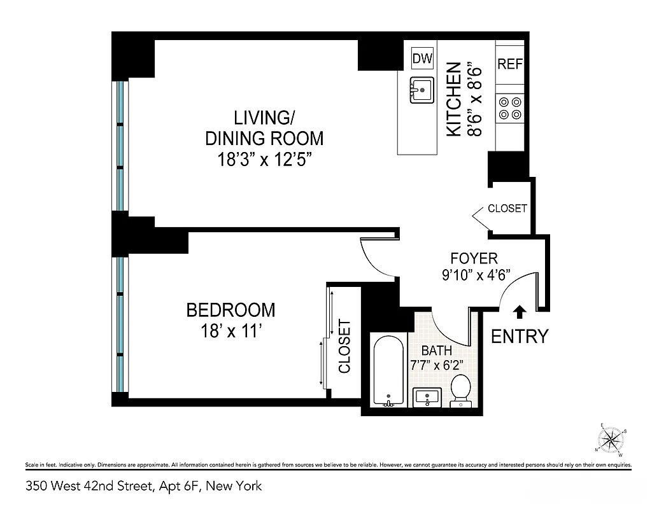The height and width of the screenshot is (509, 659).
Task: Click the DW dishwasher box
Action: (x=422, y=59)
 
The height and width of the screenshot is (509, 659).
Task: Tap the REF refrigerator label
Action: (x=509, y=64)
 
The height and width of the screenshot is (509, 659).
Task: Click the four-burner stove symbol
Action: (x=509, y=108)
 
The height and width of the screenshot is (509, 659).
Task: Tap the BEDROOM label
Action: (x=230, y=310)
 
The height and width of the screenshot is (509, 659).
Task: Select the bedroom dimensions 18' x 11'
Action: (x=230, y=331)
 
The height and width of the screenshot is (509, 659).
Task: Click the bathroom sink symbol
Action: (x=425, y=398)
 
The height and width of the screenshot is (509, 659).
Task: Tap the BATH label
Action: (x=437, y=351)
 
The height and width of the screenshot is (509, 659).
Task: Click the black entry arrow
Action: (x=520, y=311)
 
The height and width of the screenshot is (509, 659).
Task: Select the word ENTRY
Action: (x=520, y=336)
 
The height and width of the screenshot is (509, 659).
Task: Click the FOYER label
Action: (x=474, y=258)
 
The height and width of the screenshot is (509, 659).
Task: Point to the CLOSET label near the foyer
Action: (x=507, y=209)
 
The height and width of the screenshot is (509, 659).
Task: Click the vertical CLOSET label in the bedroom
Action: (x=344, y=346)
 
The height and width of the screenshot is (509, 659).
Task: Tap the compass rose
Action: (x=612, y=440)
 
